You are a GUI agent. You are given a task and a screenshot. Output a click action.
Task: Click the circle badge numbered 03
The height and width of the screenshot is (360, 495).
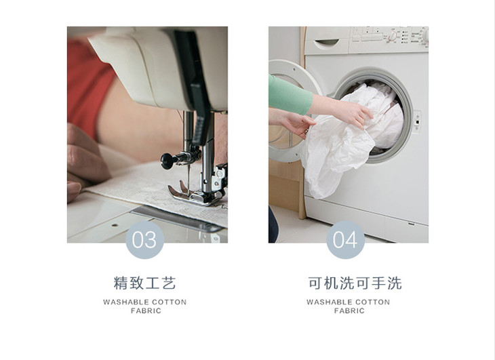click(144, 240)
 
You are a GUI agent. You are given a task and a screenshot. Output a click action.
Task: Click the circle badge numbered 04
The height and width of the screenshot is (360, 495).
click(345, 240)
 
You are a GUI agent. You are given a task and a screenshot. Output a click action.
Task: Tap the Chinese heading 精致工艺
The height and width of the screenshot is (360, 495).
click(144, 283)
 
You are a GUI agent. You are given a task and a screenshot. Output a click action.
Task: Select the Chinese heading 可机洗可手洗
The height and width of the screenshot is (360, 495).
click(355, 283)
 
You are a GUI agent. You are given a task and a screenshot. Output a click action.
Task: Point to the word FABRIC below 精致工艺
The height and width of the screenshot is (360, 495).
click(146, 311)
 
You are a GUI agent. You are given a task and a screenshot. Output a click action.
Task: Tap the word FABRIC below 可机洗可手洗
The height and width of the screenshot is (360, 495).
click(349, 311)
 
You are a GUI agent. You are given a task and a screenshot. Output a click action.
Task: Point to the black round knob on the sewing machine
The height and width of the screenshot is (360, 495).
click(167, 161)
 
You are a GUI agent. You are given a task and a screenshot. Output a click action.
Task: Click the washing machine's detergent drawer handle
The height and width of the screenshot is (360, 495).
click(327, 42)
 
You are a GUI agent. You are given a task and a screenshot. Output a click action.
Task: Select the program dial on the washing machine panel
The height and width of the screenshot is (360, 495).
click(393, 36)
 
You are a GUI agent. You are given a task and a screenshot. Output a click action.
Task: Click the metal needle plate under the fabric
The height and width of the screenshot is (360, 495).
click(177, 218)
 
